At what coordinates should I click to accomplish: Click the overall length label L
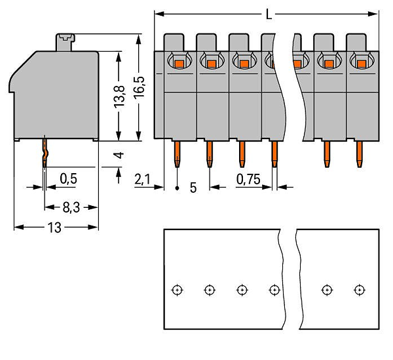[269, 14]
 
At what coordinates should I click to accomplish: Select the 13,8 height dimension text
[120, 97]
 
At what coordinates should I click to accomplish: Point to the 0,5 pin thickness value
[68, 179]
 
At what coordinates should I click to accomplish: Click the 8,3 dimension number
[71, 208]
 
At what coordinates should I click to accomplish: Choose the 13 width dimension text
[54, 228]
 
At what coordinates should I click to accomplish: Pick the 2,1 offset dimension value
[142, 180]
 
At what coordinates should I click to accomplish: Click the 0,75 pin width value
[248, 180]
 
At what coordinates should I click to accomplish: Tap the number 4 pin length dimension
[119, 155]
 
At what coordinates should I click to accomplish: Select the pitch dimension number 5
[193, 188]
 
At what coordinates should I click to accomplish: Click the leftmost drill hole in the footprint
[178, 290]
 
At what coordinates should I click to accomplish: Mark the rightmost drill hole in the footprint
[360, 290]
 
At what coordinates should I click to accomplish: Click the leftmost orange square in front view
[179, 64]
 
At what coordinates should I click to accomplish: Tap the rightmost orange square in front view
[361, 64]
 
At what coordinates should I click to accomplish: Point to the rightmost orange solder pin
[360, 154]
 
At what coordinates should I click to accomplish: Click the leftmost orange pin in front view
[178, 154]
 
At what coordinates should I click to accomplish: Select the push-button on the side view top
[65, 42]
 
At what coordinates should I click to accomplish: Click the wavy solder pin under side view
[45, 151]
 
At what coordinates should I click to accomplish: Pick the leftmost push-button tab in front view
[174, 43]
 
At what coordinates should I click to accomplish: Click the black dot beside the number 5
[178, 188]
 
